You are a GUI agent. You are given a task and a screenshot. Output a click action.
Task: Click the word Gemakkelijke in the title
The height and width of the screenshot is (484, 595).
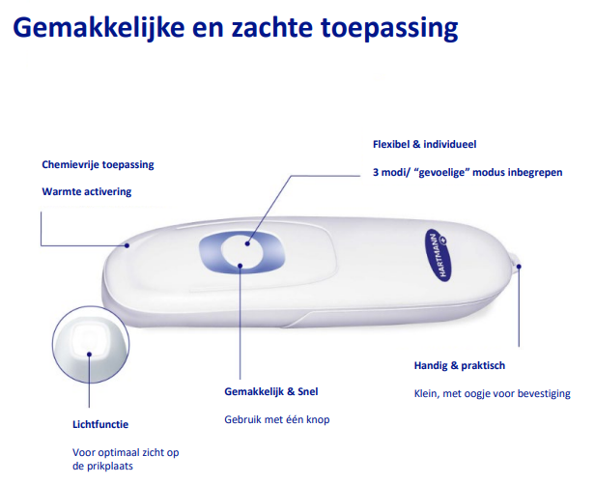tap(99, 28)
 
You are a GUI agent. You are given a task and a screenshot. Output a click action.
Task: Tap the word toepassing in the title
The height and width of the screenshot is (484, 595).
tap(389, 29)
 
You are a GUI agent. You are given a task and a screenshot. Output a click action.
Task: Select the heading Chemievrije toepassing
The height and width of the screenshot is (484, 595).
tap(98, 165)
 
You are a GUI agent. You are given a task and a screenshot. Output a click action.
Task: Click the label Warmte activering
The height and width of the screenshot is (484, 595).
tap(87, 191)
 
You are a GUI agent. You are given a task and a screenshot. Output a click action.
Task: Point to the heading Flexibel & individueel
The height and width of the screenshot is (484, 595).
tap(424, 144)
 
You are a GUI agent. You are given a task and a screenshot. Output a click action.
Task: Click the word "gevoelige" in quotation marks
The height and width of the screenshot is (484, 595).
tap(442, 173)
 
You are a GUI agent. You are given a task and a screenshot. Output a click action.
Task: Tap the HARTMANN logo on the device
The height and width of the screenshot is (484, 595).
tap(438, 255)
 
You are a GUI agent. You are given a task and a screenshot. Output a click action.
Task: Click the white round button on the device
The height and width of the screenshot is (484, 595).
tap(242, 252)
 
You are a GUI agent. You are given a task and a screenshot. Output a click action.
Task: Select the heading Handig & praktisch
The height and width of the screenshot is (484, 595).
tap(460, 365)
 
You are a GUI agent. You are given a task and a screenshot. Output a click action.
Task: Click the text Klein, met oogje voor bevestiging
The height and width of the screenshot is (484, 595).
tap(493, 393)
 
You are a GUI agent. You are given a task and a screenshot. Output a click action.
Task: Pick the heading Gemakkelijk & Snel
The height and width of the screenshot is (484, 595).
tap(270, 391)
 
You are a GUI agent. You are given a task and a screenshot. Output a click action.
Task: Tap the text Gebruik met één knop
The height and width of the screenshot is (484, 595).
tap(277, 419)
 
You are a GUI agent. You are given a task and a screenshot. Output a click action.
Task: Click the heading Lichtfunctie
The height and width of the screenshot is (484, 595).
tap(100, 424)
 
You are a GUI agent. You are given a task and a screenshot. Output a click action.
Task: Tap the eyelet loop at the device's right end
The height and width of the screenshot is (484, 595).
tap(516, 261)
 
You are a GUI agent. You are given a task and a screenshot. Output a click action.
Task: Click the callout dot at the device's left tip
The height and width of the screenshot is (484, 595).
tap(127, 245)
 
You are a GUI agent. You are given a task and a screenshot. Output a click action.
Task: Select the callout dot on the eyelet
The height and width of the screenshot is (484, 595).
tap(519, 267)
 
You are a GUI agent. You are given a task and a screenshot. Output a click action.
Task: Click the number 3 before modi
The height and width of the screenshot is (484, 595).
tap(376, 172)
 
